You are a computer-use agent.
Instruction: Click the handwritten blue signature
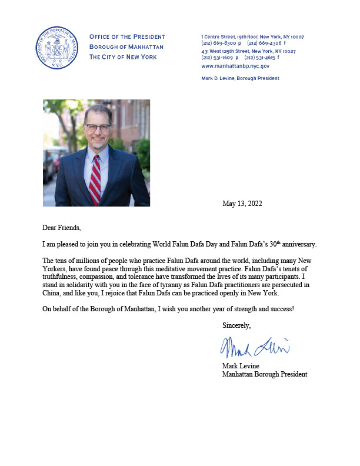tap(254, 348)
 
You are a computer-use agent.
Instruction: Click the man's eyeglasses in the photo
tap(97, 127)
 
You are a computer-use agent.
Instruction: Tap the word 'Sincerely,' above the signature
tap(236, 325)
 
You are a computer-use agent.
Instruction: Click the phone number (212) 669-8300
tap(218, 44)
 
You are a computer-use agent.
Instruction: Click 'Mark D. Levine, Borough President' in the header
tap(240, 78)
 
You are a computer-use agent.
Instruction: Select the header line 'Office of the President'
tap(127, 37)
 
